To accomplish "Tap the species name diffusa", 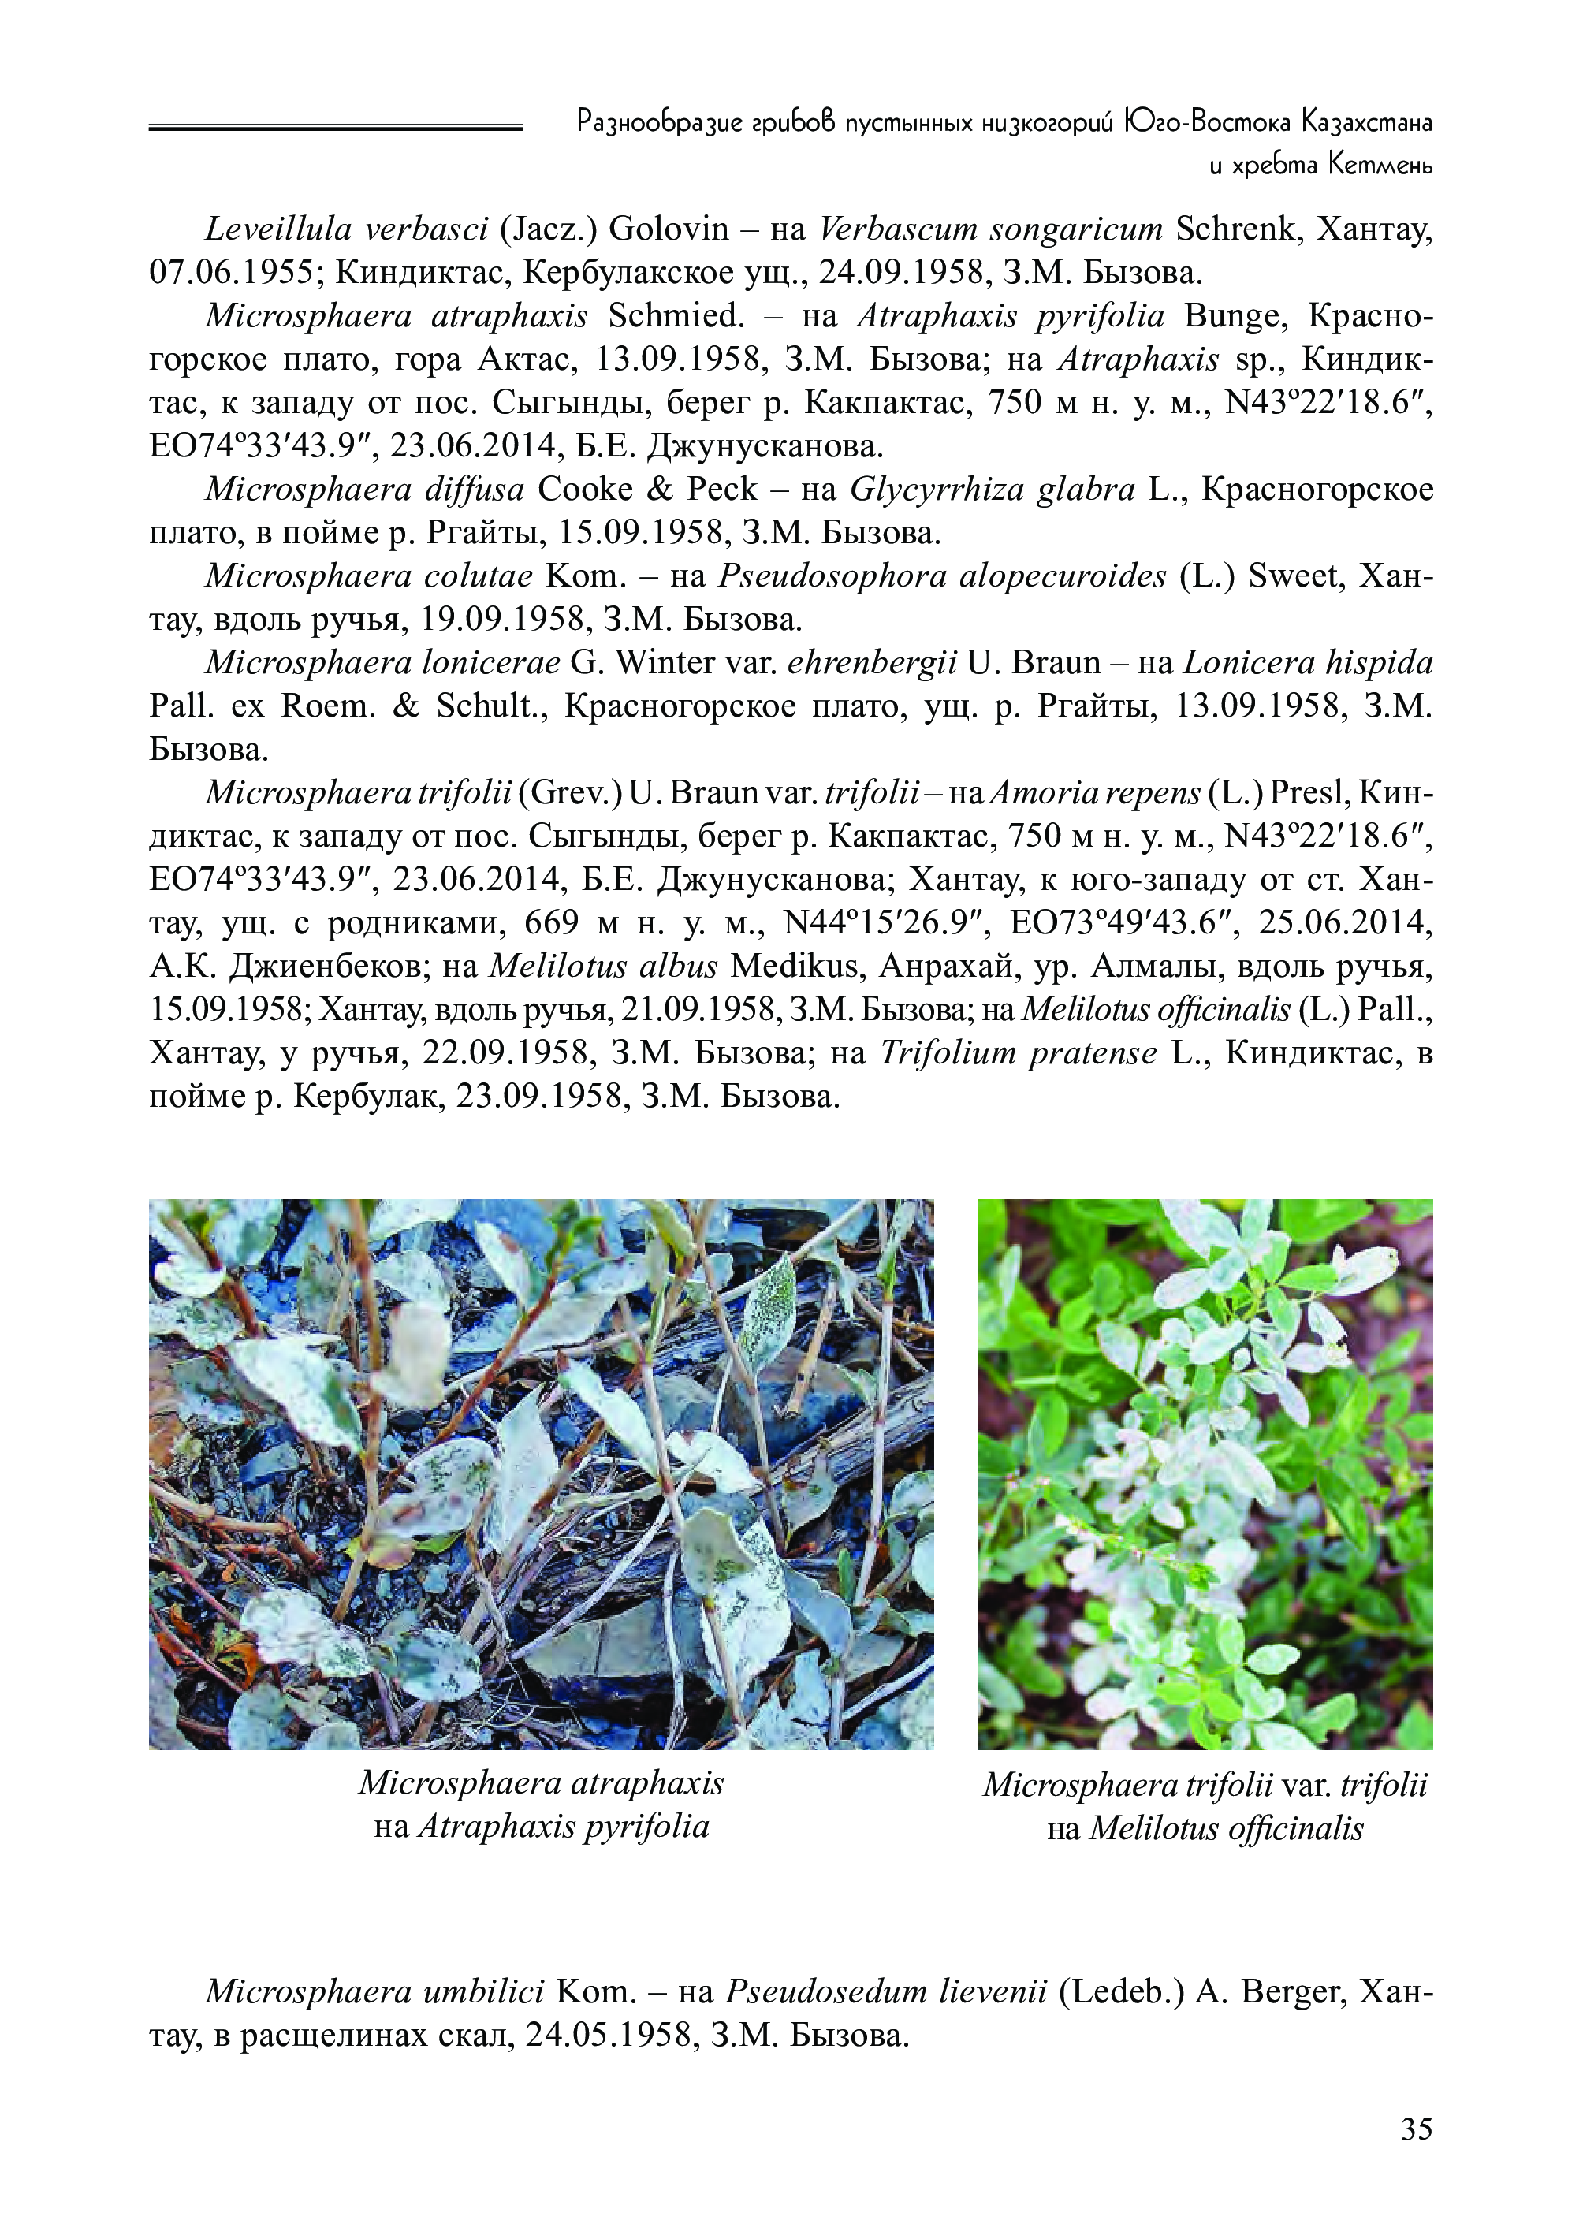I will (x=474, y=490).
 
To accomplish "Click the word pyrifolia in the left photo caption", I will (x=646, y=1826).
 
